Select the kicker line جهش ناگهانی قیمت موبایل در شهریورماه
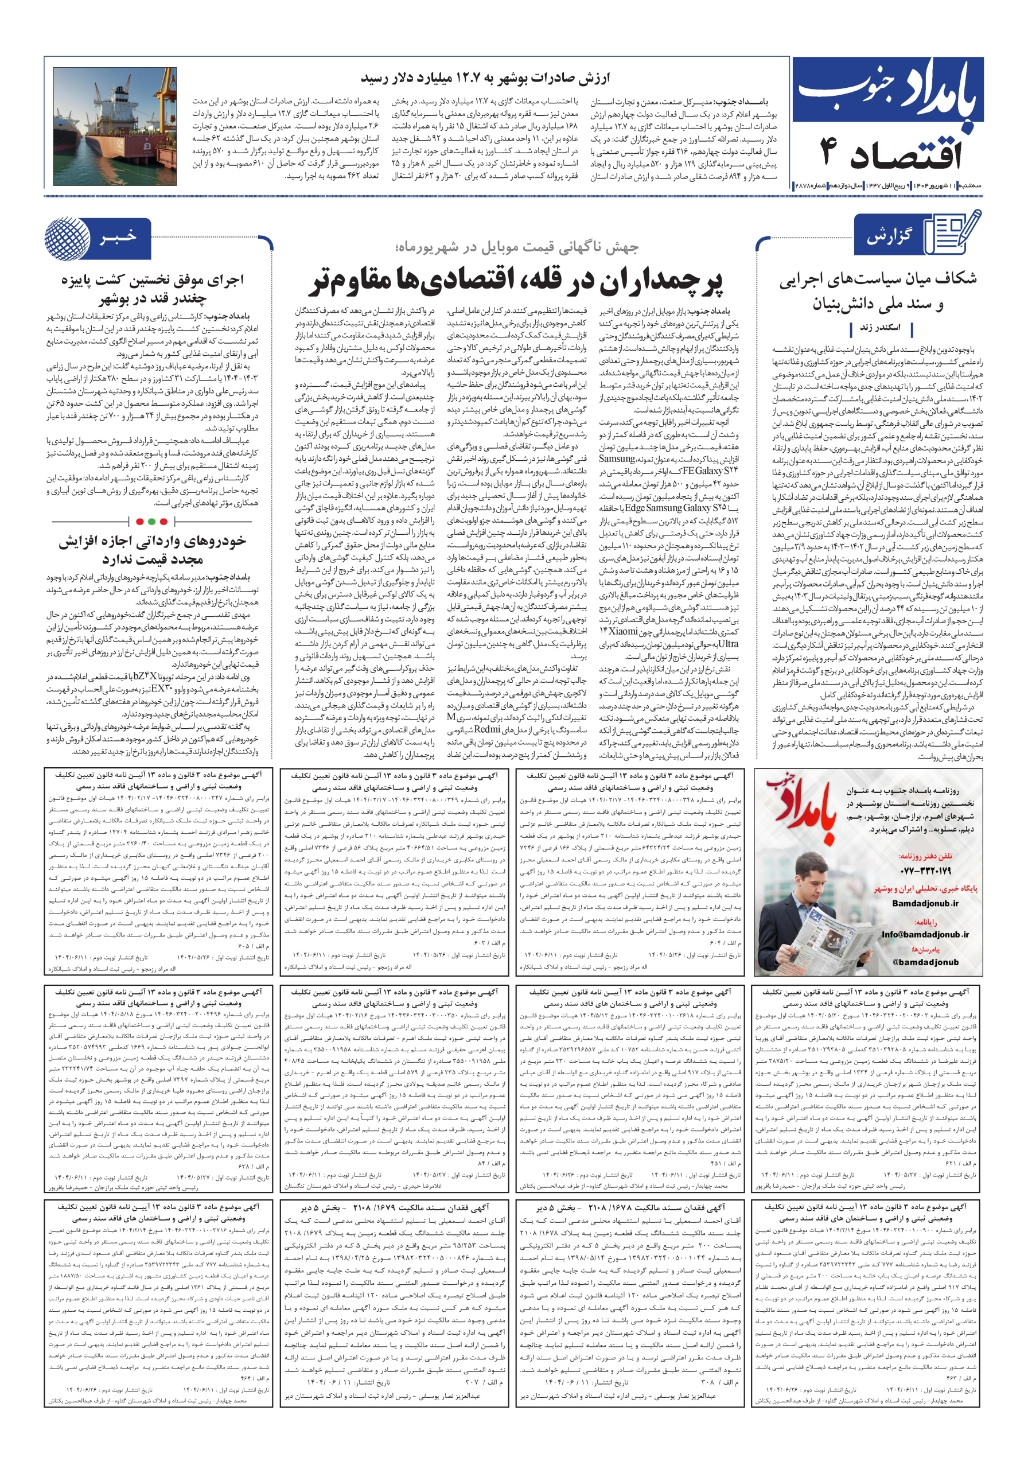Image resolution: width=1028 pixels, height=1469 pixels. click(517, 247)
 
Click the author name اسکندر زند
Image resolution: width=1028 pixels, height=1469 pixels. click(879, 328)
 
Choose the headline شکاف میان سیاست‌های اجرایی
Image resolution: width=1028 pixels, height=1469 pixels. click(878, 279)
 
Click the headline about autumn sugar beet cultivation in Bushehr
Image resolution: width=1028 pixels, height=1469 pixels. click(152, 289)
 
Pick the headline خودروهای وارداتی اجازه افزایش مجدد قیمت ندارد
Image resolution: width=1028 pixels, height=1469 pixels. click(152, 550)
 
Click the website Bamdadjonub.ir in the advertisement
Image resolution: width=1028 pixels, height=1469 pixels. click(925, 903)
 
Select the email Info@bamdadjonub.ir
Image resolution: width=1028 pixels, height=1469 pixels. click(924, 935)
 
